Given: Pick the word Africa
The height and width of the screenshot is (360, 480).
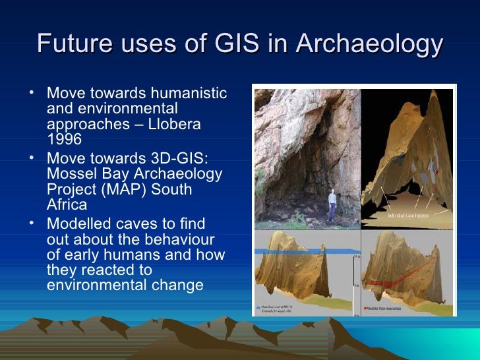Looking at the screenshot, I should [x=67, y=205].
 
